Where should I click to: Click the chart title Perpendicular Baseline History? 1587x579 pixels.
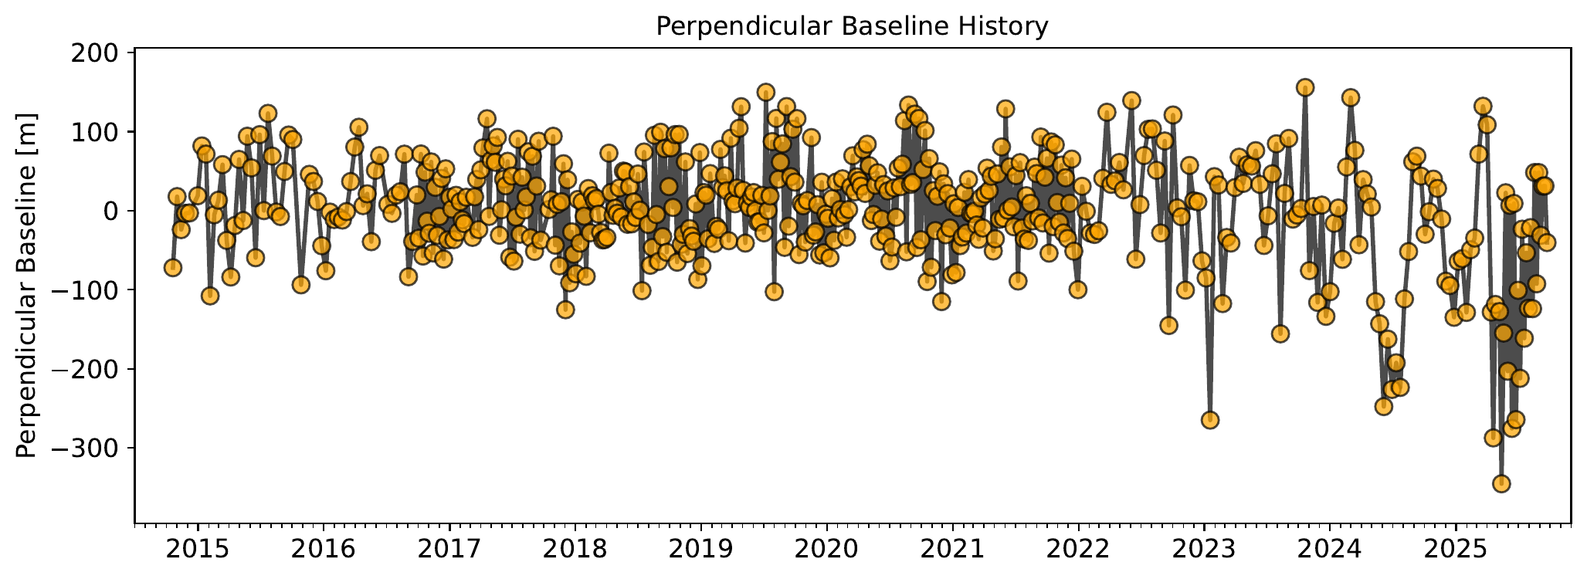852,26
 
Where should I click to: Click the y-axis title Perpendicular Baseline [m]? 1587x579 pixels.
26,286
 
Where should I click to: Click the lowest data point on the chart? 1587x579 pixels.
1501,483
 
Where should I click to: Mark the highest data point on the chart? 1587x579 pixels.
1305,87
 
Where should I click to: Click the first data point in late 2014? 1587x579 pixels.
173,268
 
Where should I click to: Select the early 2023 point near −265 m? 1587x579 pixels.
1210,420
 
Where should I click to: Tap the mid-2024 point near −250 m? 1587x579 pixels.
1384,406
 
